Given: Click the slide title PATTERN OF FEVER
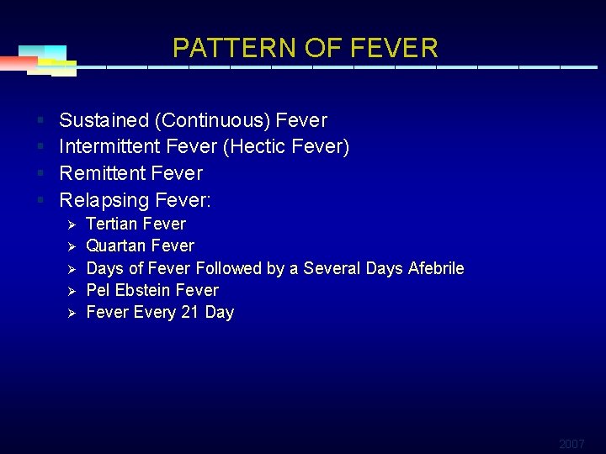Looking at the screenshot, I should (306, 48).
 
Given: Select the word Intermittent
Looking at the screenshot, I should (109, 147).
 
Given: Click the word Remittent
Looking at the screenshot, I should (102, 173).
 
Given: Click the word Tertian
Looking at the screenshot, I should (113, 224).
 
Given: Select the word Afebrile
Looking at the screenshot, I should (436, 268).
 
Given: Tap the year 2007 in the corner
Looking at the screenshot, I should (571, 443).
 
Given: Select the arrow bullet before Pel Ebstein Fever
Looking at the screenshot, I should (72, 291).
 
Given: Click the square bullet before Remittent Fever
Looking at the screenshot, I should (40, 173).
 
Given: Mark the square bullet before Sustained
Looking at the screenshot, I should (40, 120).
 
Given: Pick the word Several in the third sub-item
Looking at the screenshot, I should (332, 268).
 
